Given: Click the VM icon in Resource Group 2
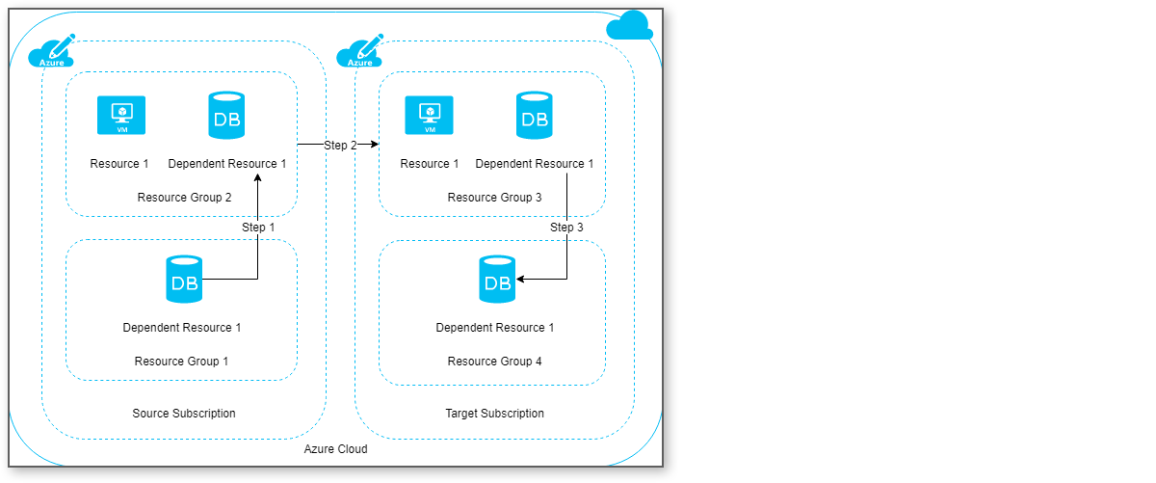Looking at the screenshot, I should [121, 115].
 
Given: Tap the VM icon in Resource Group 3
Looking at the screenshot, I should [429, 115].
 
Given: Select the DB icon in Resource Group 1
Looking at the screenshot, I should [184, 280].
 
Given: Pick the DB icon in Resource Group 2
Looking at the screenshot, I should [226, 115].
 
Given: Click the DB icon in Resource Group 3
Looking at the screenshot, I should [534, 115].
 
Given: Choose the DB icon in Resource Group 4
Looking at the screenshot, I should [497, 280].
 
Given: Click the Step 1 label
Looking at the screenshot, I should [258, 228].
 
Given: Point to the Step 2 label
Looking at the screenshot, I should [340, 146].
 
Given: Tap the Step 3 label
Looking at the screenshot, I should [566, 228].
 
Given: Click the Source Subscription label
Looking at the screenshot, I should [183, 414].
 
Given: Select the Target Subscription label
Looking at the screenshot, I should [494, 414].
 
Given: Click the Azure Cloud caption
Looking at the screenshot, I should [335, 449].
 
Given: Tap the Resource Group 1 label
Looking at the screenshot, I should [181, 362].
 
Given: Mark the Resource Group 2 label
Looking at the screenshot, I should [184, 198].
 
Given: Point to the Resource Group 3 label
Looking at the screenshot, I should [494, 198].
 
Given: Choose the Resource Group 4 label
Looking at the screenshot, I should [494, 362].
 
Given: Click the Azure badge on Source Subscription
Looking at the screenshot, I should [52, 54].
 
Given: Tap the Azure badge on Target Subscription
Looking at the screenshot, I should [360, 54].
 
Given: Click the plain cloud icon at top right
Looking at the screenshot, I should [629, 26].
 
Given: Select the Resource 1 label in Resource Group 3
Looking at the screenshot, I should [430, 164].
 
